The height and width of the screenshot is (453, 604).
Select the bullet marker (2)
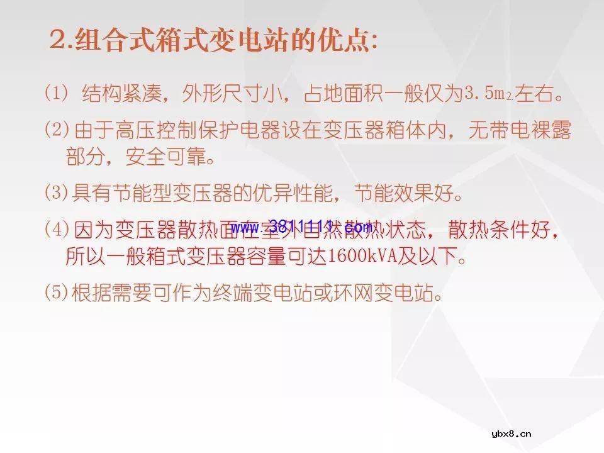[x=57, y=130]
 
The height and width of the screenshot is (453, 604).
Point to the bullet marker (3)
[x=57, y=192]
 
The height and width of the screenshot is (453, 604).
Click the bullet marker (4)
[x=57, y=229]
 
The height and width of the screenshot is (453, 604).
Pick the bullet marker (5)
[x=57, y=292]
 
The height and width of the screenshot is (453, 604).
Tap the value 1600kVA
[x=359, y=257]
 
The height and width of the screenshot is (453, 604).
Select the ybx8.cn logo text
[x=512, y=433]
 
